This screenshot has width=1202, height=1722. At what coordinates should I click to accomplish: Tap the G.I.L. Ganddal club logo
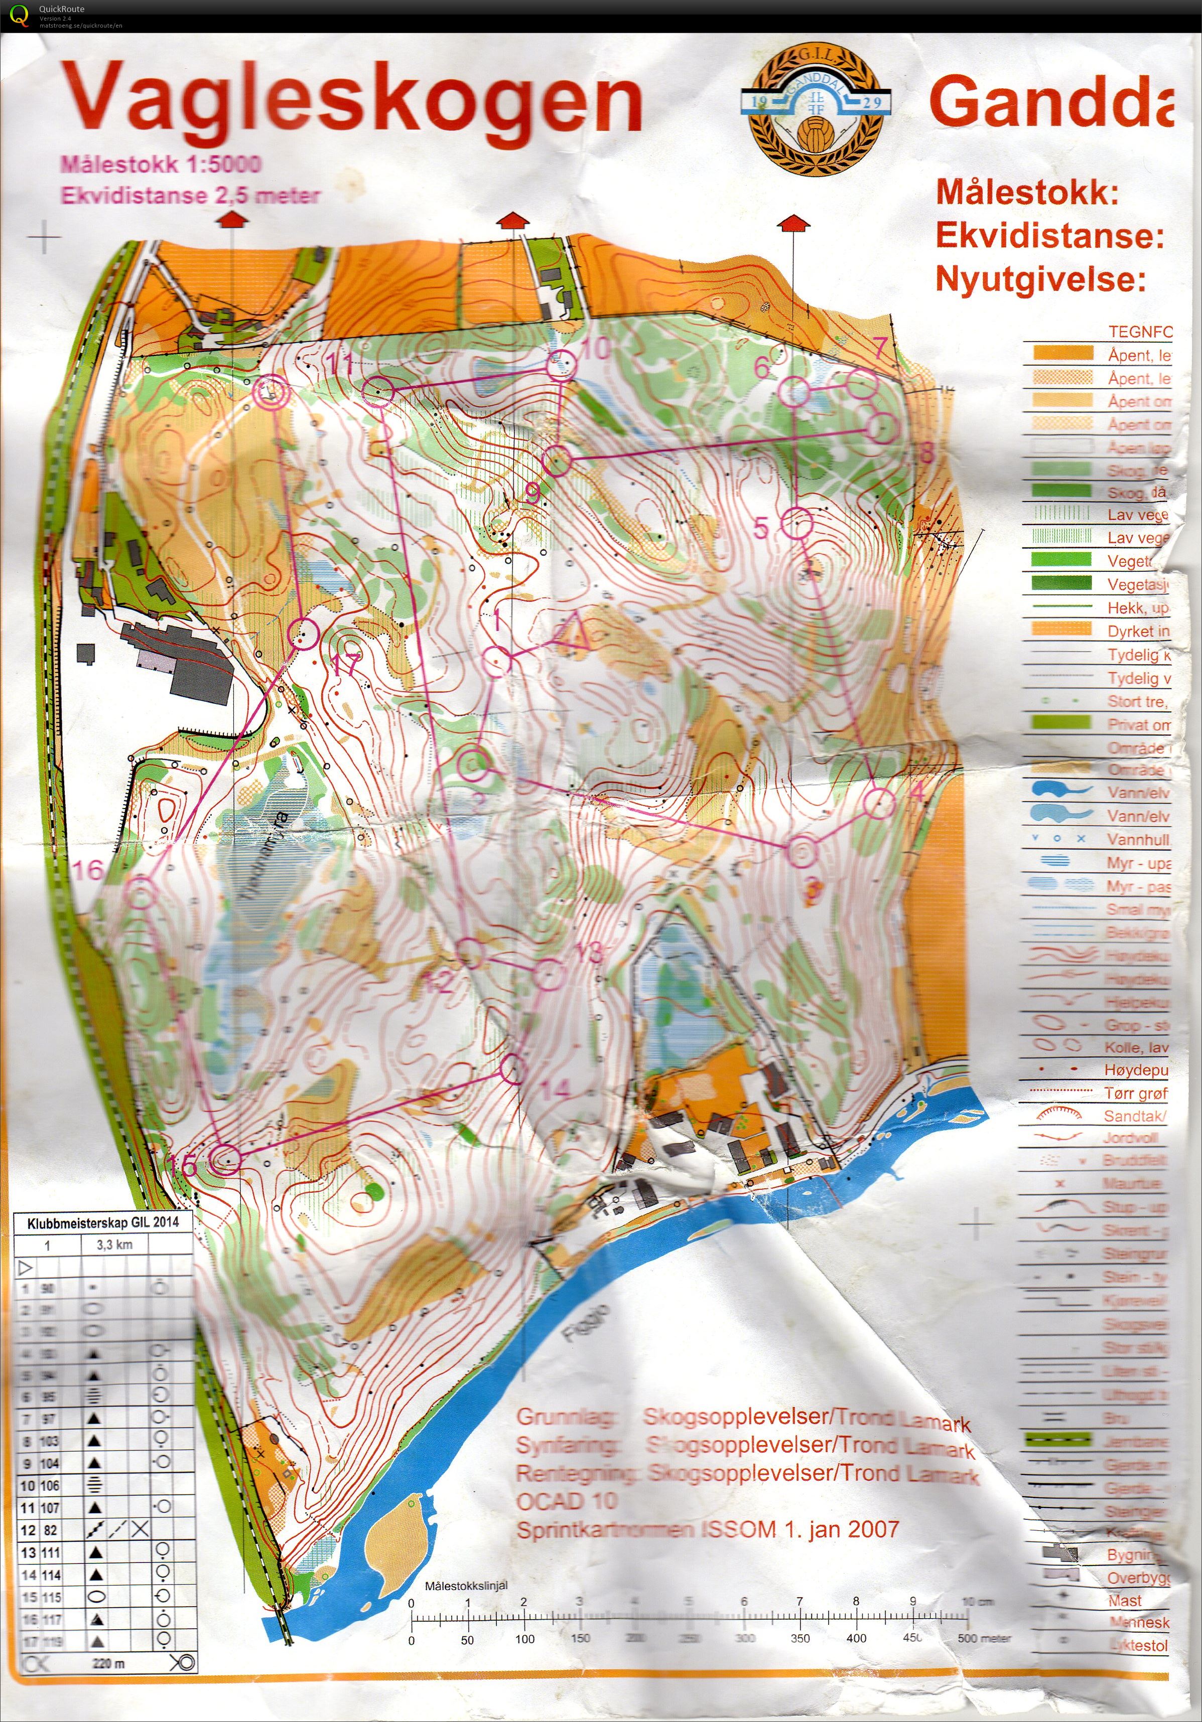817,107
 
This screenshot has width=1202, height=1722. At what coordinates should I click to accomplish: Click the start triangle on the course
573,632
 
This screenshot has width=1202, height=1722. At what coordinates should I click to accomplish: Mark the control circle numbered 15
224,1160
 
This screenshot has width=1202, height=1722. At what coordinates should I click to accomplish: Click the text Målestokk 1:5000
161,164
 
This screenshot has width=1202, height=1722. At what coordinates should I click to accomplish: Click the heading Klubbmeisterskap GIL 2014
103,1222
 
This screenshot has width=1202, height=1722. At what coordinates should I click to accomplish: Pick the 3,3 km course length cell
114,1245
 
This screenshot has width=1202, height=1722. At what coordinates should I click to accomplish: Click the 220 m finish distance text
108,1663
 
